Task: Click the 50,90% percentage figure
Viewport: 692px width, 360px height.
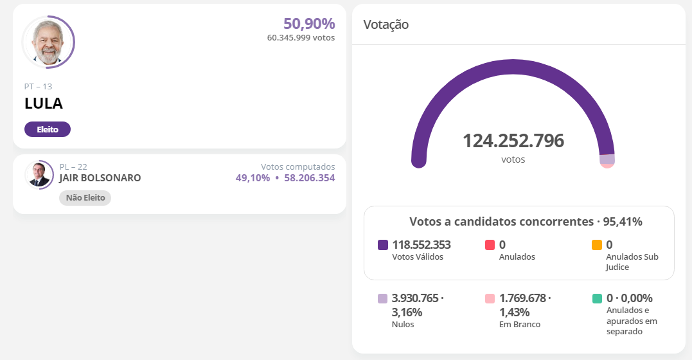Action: [309, 24]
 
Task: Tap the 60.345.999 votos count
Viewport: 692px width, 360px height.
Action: [301, 38]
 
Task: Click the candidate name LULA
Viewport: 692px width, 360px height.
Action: [44, 104]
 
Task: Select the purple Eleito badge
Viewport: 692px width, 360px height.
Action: [48, 129]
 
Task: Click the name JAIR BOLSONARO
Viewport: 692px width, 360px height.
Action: [100, 178]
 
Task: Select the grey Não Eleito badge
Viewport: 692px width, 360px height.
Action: [85, 198]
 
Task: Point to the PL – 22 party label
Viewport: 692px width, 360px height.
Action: [73, 166]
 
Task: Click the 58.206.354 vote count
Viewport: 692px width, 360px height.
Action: [310, 178]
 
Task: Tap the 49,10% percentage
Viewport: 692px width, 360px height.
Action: [253, 178]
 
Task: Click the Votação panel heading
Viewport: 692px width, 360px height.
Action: [386, 24]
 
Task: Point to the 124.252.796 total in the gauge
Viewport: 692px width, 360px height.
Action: [513, 141]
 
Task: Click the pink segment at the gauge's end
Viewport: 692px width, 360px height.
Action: [607, 165]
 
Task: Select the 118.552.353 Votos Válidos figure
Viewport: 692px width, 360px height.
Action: [421, 244]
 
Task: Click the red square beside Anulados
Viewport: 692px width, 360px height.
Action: [490, 245]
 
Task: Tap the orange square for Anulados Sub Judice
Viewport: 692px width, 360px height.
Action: [597, 245]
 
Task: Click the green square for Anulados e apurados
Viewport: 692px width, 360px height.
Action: [597, 298]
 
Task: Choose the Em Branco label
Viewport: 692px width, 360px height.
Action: [519, 325]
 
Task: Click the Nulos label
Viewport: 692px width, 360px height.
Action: [403, 325]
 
